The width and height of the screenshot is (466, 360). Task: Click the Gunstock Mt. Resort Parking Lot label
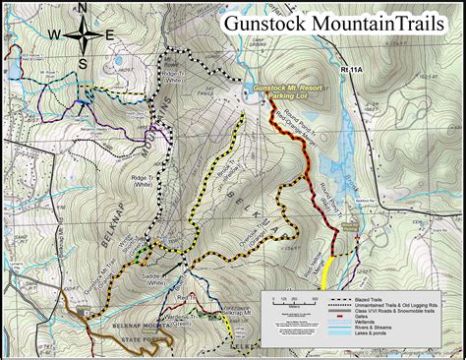pos(289,92)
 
